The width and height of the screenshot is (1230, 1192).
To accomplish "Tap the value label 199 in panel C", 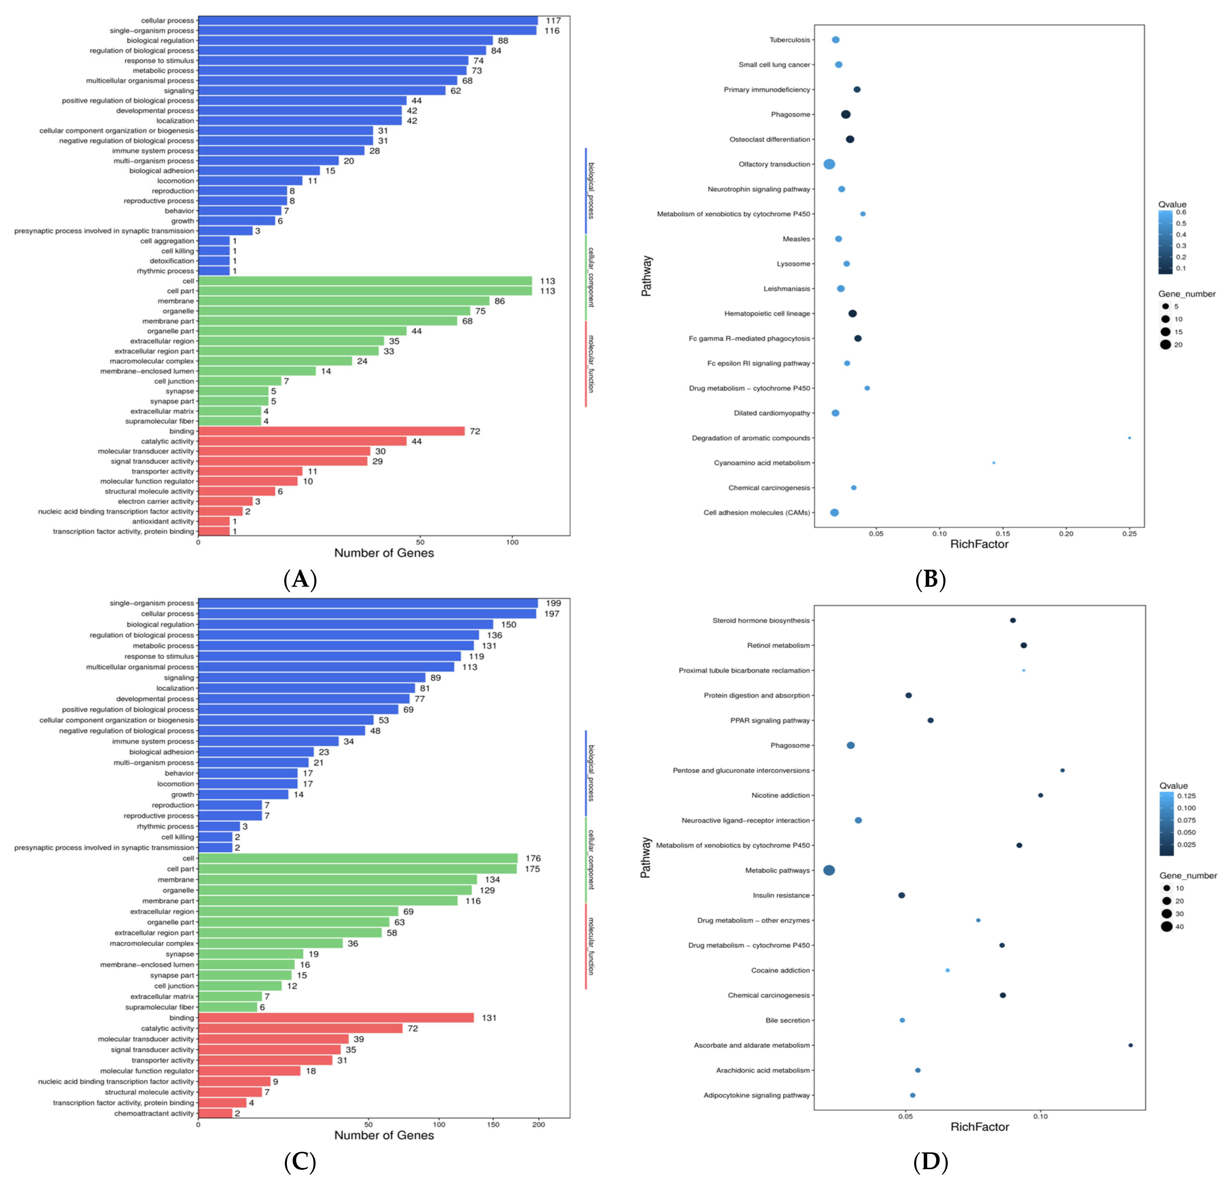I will point(553,603).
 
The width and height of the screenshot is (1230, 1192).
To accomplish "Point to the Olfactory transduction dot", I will point(829,164).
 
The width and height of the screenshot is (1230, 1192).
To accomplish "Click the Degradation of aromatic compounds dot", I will point(1129,438).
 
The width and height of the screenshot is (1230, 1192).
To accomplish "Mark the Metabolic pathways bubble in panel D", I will point(829,870).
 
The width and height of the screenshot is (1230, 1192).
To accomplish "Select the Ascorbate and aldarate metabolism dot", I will point(1130,1045).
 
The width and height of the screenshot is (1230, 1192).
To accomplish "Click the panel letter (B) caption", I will point(930,579).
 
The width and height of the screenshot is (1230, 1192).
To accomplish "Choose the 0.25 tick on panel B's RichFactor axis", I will point(1129,534).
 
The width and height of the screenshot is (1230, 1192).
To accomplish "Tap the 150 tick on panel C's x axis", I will point(493,1124).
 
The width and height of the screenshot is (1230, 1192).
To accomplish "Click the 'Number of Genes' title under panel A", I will point(384,553).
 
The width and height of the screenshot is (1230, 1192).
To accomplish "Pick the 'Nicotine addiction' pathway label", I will point(781,796).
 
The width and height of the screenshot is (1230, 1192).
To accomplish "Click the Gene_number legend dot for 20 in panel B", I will point(1166,344).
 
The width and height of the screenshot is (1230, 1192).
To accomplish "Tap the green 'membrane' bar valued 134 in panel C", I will point(338,880).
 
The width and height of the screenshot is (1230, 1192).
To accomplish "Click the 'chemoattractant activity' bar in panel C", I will point(215,1114).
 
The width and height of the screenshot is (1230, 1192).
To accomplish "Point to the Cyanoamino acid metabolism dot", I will point(993,463).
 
